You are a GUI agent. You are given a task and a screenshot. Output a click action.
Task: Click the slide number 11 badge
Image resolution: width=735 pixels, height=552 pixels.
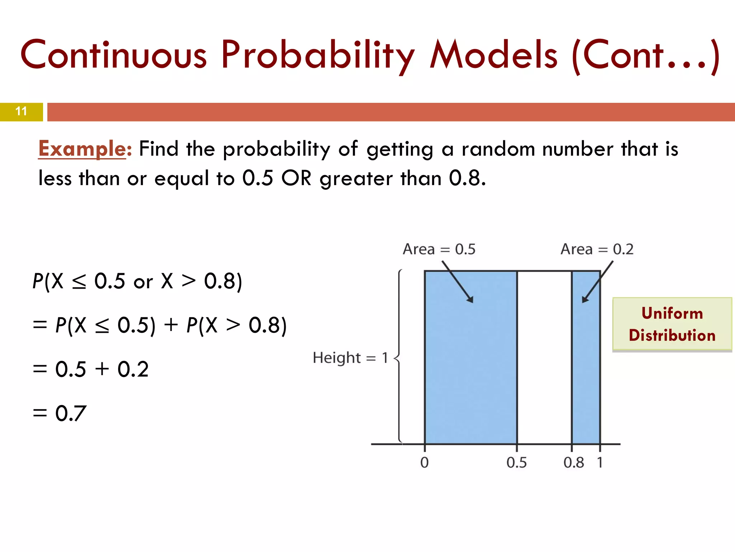(x=21, y=111)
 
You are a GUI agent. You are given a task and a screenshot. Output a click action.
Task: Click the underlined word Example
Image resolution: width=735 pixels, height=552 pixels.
(x=82, y=149)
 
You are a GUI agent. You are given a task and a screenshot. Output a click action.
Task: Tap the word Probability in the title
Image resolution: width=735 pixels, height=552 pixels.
(x=318, y=56)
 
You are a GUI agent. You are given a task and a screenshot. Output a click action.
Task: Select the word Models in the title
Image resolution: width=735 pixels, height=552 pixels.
(x=494, y=56)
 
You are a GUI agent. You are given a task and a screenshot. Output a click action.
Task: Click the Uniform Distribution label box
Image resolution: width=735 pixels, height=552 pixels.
(x=672, y=324)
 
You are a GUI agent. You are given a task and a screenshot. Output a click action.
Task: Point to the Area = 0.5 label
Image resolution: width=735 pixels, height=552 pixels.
(x=439, y=249)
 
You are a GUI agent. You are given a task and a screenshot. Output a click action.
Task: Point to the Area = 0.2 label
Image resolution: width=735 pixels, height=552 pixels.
(x=597, y=249)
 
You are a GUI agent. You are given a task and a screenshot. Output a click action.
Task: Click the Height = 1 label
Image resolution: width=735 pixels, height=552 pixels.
(x=350, y=358)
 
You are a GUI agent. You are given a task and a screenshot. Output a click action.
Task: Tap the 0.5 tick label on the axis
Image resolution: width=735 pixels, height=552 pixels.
(x=516, y=463)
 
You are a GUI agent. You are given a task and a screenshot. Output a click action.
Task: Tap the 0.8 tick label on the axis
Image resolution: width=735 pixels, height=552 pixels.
(x=574, y=463)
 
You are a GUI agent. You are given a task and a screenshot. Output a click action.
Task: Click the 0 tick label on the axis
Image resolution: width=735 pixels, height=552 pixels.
(x=424, y=463)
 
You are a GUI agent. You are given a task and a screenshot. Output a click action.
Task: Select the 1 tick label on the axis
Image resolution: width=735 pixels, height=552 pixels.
(x=600, y=463)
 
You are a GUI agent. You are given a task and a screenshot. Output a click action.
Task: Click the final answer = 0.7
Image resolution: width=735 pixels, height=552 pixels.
(x=60, y=413)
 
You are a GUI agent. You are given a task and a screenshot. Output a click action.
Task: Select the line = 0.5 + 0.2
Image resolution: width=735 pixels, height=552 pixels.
(x=90, y=369)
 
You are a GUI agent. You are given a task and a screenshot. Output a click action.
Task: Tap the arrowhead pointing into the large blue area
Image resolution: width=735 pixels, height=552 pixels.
(x=470, y=299)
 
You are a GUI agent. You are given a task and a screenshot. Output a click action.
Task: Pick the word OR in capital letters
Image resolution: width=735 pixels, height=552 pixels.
(x=296, y=178)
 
